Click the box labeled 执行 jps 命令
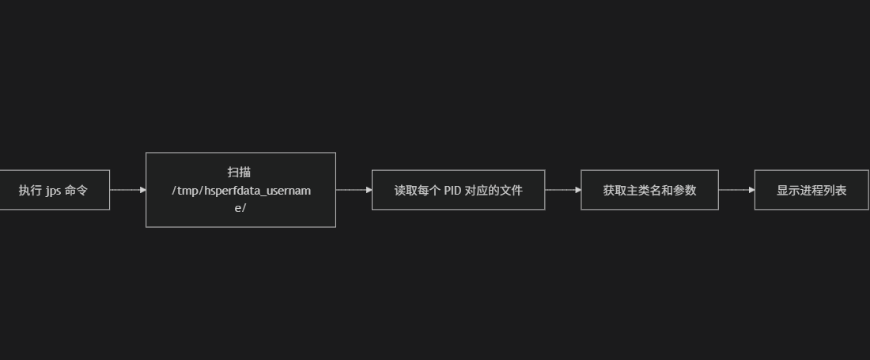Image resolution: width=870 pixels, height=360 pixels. pos(54,190)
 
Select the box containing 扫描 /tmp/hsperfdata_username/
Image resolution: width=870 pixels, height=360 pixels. pos(240,190)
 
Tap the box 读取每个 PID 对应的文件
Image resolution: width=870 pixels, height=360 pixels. pos(458,190)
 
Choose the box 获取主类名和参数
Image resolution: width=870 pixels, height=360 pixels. pos(649,190)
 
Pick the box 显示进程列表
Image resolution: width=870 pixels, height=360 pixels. pos(811,190)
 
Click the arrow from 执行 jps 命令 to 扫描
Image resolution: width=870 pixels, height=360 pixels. pos(127,190)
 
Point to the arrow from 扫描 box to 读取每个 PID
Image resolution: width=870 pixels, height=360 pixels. pos(353,190)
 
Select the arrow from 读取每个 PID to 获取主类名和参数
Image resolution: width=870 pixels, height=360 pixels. pos(562,190)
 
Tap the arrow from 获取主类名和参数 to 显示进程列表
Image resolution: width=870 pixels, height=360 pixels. pos(736,190)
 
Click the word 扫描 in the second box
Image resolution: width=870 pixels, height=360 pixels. pos(240,172)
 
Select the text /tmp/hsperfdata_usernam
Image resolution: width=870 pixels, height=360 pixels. pos(241,190)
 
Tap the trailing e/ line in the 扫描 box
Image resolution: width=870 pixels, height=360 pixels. pos(240,208)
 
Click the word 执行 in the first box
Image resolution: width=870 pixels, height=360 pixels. pos(30,191)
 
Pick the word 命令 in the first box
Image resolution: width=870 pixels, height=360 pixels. pos(76,191)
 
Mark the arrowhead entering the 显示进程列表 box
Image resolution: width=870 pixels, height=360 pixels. pos(751,190)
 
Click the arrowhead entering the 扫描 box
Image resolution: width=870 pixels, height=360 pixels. pos(142,190)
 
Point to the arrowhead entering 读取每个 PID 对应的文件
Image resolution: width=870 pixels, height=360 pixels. pos(369,190)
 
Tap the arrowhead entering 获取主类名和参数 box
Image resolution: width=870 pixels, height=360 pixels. pos(577,190)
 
